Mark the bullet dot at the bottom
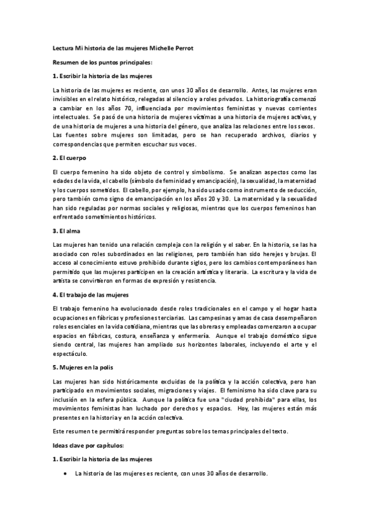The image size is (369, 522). point(65,474)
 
